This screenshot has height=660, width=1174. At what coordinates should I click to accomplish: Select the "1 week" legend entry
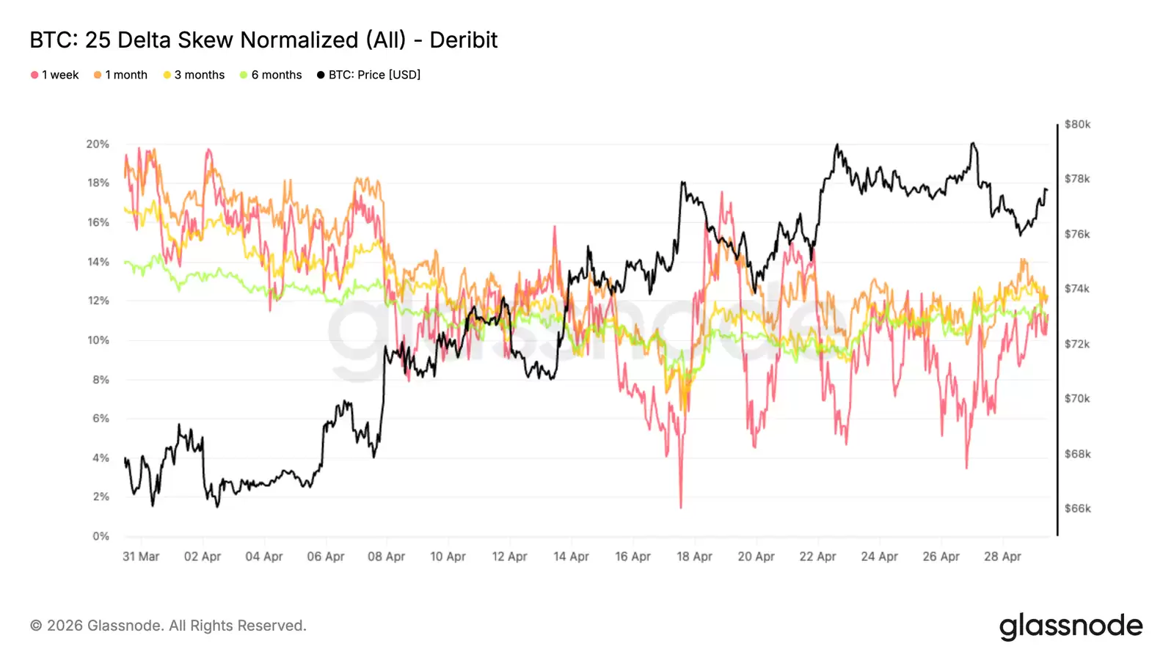(x=55, y=75)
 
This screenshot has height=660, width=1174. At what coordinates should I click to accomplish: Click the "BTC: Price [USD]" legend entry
(x=368, y=75)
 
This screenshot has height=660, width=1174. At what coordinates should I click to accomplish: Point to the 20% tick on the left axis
(x=98, y=144)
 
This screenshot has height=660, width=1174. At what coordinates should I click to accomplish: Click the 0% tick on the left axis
(x=101, y=536)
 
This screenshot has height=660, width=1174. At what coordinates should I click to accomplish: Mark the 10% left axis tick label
(x=98, y=340)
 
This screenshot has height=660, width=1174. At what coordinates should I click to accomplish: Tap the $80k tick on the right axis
(x=1077, y=125)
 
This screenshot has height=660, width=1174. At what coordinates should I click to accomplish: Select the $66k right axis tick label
(x=1077, y=508)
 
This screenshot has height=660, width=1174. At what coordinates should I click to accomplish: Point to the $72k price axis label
(x=1077, y=344)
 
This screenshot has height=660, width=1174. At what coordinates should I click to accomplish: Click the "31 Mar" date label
(x=141, y=557)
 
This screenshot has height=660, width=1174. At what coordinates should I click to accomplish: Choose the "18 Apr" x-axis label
(x=694, y=557)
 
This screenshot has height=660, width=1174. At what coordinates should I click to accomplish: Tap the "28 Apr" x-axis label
(x=1002, y=557)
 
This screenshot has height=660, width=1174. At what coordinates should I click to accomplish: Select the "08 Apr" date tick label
(x=386, y=557)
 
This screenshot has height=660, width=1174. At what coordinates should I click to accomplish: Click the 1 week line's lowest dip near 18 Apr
(x=681, y=506)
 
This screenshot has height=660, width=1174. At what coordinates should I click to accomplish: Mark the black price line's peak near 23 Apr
(x=837, y=145)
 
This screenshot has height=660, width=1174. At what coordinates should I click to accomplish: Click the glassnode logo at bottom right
(x=1071, y=626)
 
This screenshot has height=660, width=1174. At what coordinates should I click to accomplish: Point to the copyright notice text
(x=168, y=626)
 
